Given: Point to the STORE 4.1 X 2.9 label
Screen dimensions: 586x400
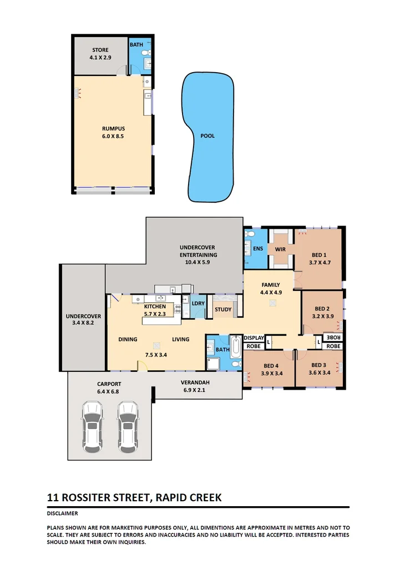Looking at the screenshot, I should pos(100,54).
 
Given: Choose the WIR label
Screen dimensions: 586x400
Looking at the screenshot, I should pos(280,249).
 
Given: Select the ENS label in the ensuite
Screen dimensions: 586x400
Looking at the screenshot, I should pos(258,249).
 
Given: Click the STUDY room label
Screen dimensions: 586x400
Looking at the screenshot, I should pos(223,310).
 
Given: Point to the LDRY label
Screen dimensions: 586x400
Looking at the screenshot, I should pos(198,303).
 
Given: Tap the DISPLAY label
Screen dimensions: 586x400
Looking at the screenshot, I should pos(254,338).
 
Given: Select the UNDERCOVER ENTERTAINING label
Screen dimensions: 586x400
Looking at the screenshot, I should pos(198,251).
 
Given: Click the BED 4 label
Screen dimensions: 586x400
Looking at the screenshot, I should pos(271,365).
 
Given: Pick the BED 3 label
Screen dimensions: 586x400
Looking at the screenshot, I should pos(318,365).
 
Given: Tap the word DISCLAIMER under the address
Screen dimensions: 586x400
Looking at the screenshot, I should pos(63,513).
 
